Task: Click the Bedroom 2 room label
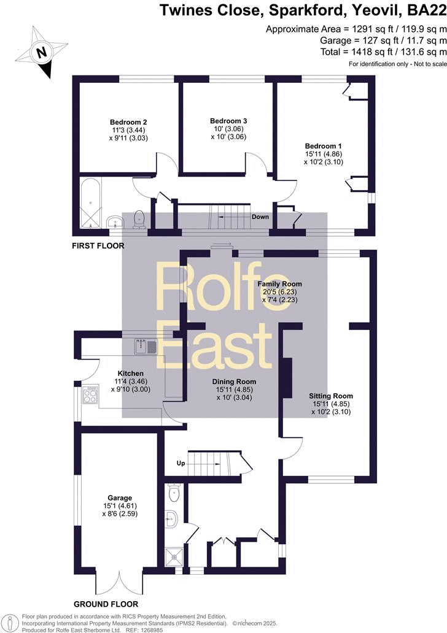[128, 121]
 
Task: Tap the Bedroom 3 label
[228, 121]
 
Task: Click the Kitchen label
[130, 373]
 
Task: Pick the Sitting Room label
[331, 396]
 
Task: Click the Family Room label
[279, 283]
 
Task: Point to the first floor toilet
[139, 219]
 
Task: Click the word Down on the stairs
[261, 217]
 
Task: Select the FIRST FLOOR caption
[98, 246]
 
